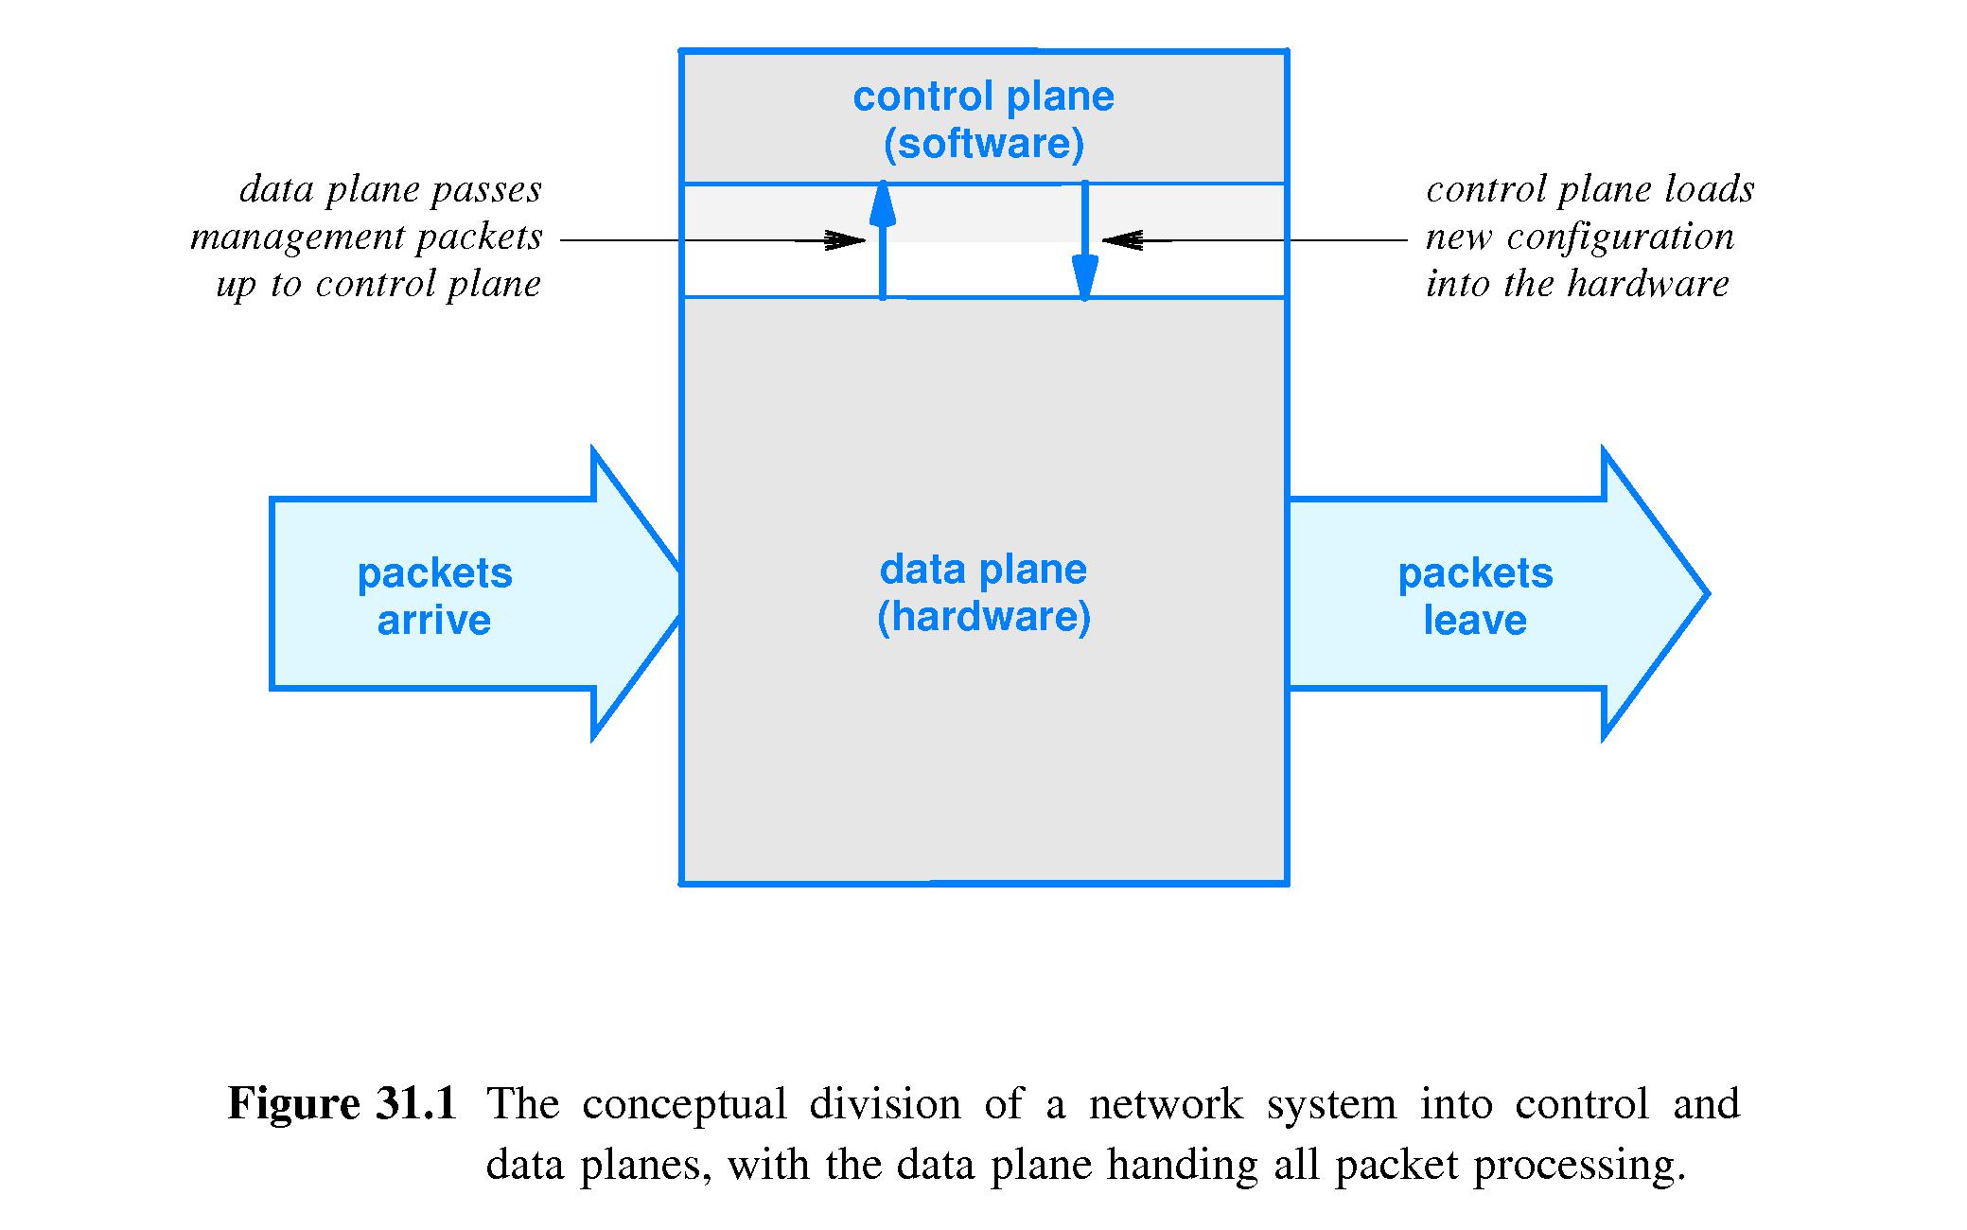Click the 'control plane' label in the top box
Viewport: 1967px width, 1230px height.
tap(983, 97)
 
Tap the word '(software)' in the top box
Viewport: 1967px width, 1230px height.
tap(983, 144)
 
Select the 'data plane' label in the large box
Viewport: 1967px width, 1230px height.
tap(983, 570)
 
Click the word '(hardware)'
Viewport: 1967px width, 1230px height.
tap(983, 617)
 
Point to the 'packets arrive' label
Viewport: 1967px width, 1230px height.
tap(434, 596)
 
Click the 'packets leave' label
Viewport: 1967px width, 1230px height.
tap(1475, 596)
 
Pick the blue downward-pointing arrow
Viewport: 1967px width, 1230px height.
tap(1084, 241)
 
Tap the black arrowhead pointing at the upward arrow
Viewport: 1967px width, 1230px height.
tap(845, 240)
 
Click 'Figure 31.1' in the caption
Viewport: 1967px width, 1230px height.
tap(342, 1103)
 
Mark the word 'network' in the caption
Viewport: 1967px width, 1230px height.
tap(1166, 1104)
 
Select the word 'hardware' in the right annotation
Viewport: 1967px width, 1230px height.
tap(1647, 283)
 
